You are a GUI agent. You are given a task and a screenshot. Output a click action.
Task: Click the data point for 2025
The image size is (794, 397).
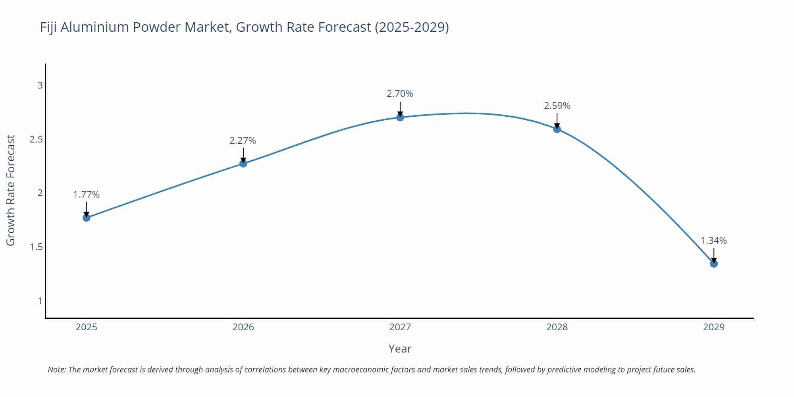pyautogui.click(x=86, y=218)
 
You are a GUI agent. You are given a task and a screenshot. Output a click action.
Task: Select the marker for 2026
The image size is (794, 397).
pyautogui.click(x=243, y=163)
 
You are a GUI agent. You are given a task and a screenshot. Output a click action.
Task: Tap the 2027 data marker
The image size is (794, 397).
pyautogui.click(x=400, y=117)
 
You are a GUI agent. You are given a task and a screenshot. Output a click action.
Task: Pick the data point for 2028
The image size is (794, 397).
pyautogui.click(x=557, y=129)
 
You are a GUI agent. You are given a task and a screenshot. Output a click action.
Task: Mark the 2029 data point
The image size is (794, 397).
pyautogui.click(x=714, y=264)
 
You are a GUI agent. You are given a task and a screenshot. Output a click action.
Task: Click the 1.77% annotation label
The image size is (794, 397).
pyautogui.click(x=86, y=195)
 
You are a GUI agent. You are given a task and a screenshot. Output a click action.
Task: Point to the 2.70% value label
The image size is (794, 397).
pyautogui.click(x=400, y=94)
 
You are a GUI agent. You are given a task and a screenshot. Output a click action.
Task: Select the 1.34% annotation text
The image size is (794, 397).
pyautogui.click(x=713, y=241)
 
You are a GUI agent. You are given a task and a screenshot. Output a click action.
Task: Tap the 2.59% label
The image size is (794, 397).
pyautogui.click(x=557, y=106)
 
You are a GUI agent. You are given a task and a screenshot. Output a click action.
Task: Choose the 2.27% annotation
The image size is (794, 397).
pyautogui.click(x=243, y=141)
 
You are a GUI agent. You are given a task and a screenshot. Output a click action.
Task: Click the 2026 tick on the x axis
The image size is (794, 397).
pyautogui.click(x=243, y=327)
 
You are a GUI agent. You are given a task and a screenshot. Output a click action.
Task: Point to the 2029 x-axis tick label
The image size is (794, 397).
pyautogui.click(x=714, y=327)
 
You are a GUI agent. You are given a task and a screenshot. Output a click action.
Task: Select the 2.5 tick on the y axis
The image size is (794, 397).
pyautogui.click(x=36, y=139)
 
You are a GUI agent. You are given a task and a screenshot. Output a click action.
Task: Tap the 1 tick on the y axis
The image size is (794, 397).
pyautogui.click(x=40, y=301)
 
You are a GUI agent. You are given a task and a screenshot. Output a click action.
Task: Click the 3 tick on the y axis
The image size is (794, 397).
pyautogui.click(x=40, y=85)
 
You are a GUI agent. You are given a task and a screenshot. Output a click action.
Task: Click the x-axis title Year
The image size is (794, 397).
pyautogui.click(x=400, y=349)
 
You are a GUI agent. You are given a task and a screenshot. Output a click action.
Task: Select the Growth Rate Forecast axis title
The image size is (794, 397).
pyautogui.click(x=11, y=190)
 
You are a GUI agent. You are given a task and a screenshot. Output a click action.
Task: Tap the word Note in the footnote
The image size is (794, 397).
pyautogui.click(x=56, y=370)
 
